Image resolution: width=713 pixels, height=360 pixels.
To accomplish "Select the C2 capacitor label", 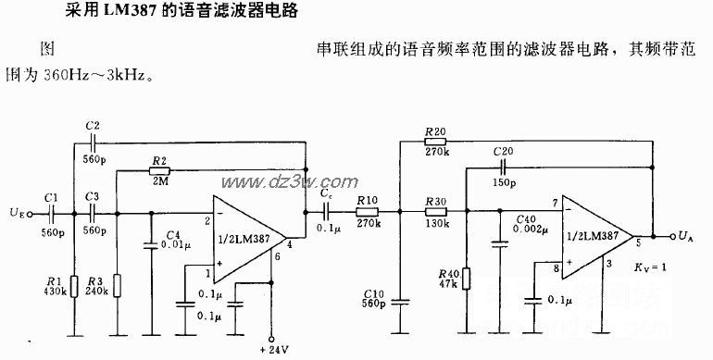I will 92,125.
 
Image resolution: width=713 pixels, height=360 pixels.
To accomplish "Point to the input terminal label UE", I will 16,214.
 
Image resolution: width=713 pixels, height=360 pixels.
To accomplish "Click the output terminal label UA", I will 686,237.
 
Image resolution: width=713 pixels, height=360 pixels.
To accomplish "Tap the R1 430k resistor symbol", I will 72,285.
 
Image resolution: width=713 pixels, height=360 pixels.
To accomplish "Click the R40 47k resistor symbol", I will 468,279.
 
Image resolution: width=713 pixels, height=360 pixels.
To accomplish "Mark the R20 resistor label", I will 434,130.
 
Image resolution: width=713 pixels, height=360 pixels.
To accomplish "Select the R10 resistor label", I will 368,199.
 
